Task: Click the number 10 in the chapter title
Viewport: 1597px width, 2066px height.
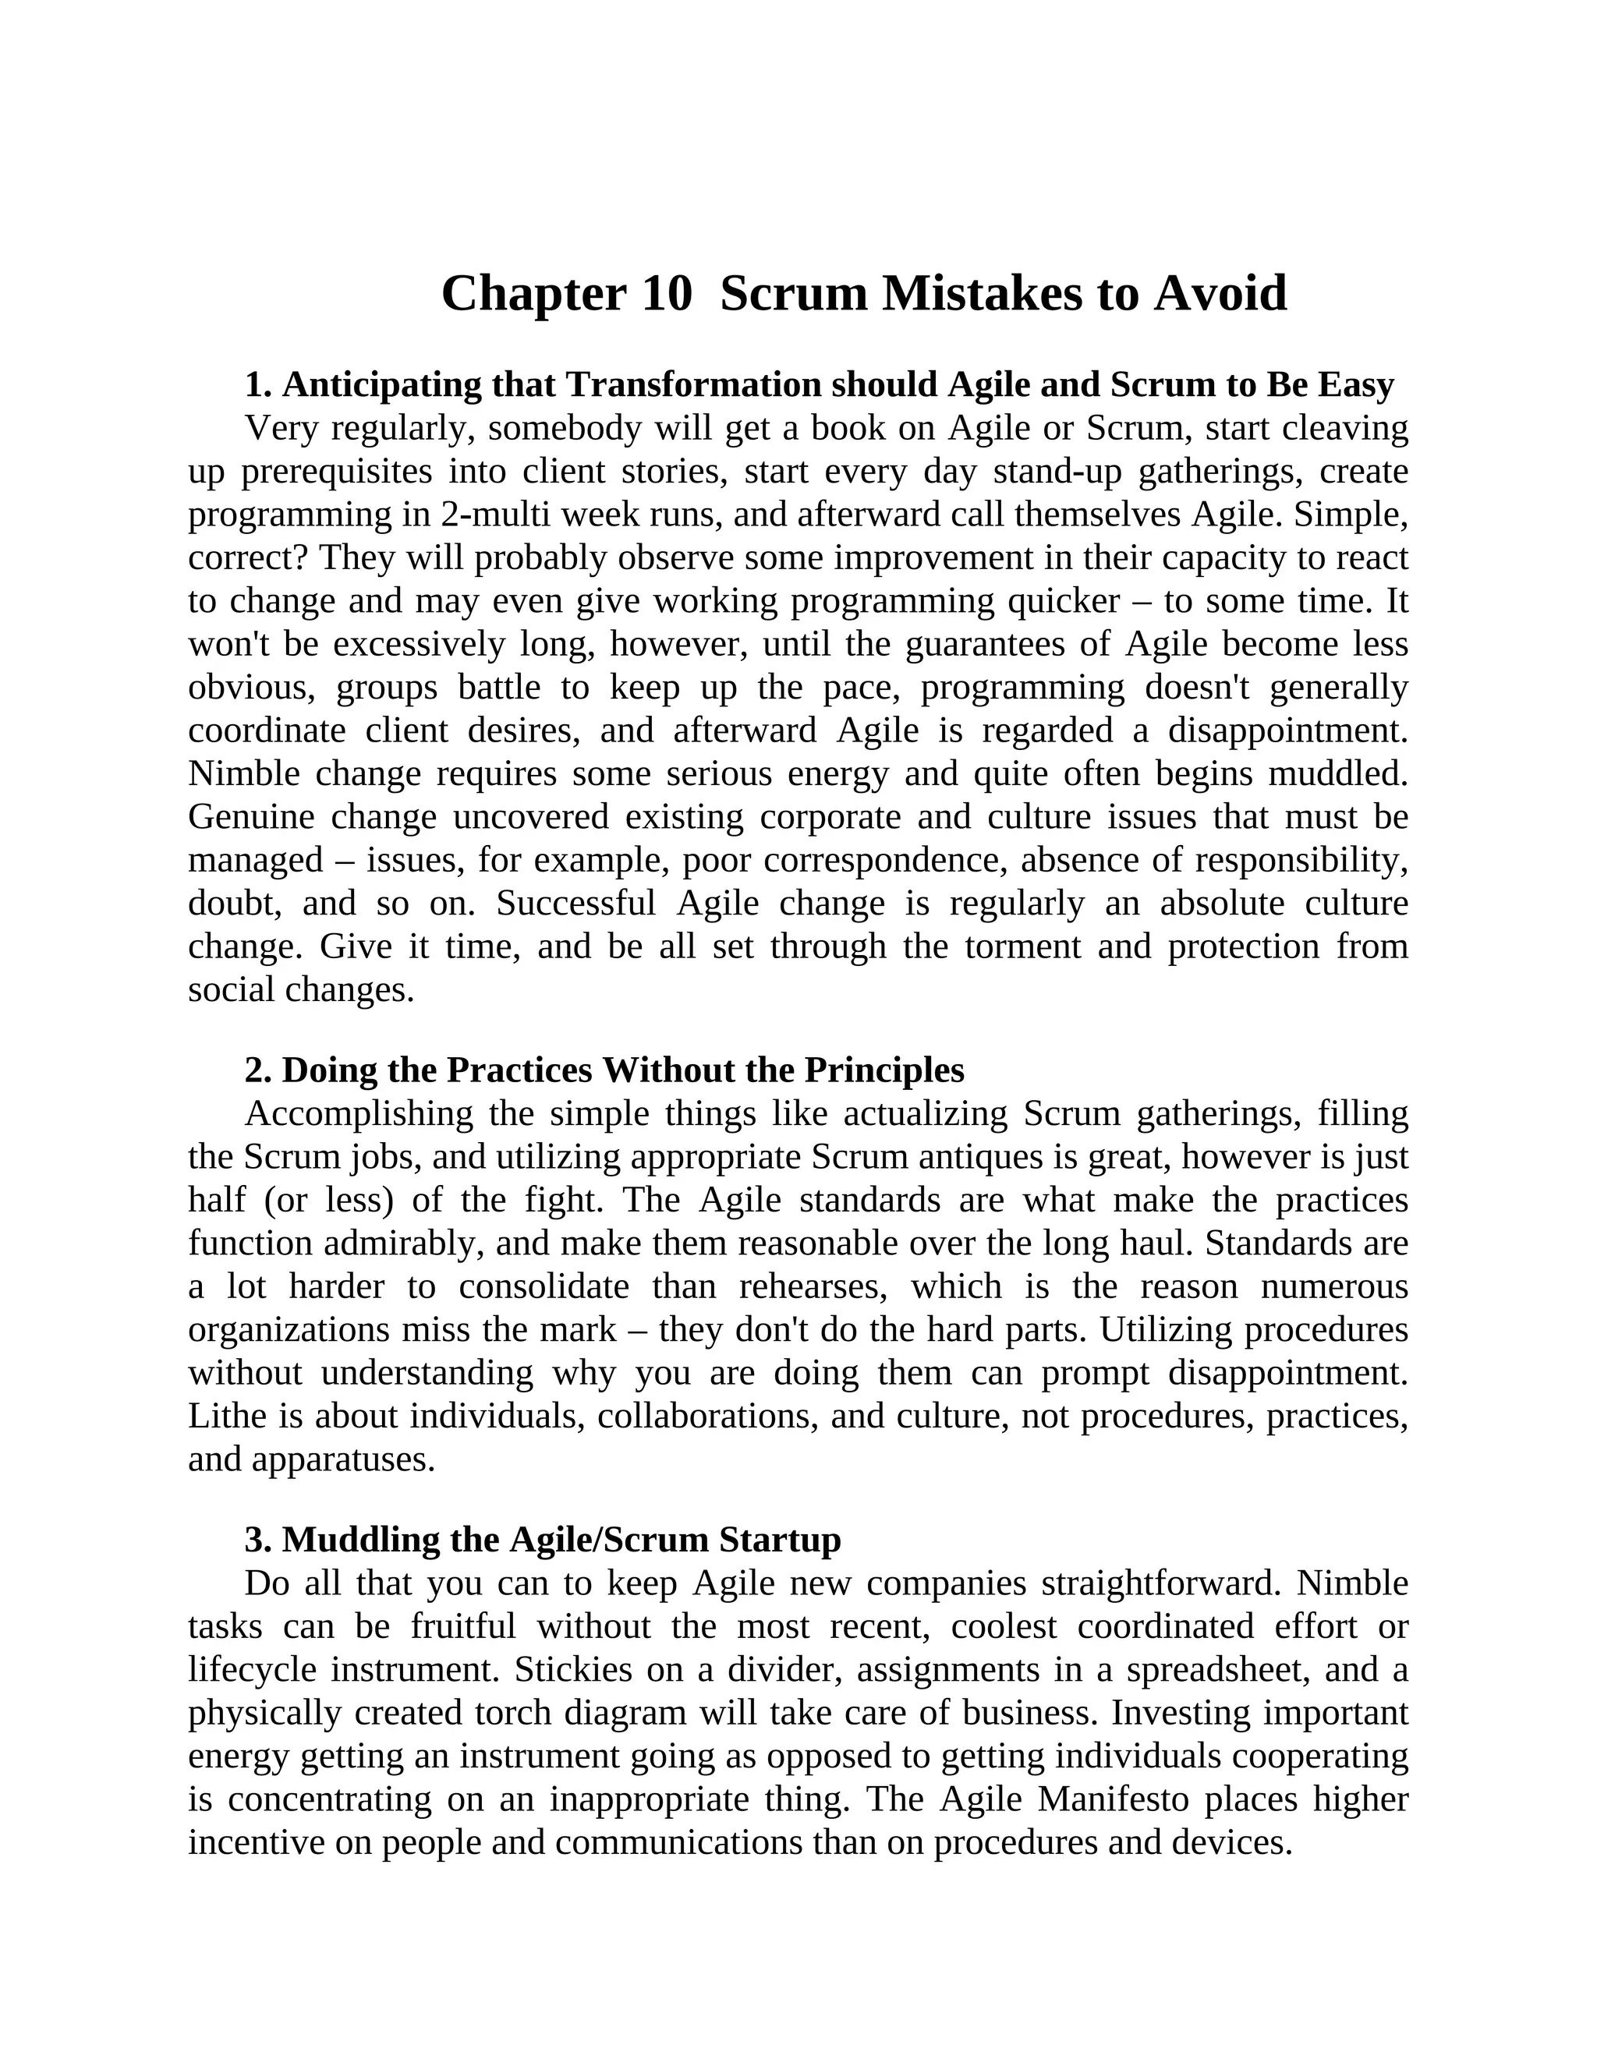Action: click(x=666, y=293)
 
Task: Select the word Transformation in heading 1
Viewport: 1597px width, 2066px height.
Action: click(x=692, y=385)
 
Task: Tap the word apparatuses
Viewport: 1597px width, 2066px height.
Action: click(x=342, y=1459)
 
